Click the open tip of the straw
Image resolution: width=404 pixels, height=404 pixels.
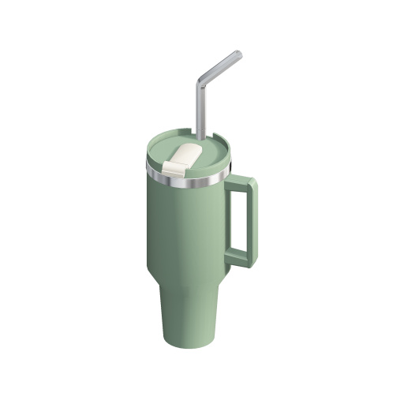coord(238,54)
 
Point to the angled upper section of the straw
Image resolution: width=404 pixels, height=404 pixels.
coord(220,67)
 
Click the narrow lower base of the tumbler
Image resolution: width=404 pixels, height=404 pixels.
coord(186,316)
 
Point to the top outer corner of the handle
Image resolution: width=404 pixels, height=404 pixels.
coord(252,181)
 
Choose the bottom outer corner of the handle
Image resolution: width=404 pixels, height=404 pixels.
coord(252,264)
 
